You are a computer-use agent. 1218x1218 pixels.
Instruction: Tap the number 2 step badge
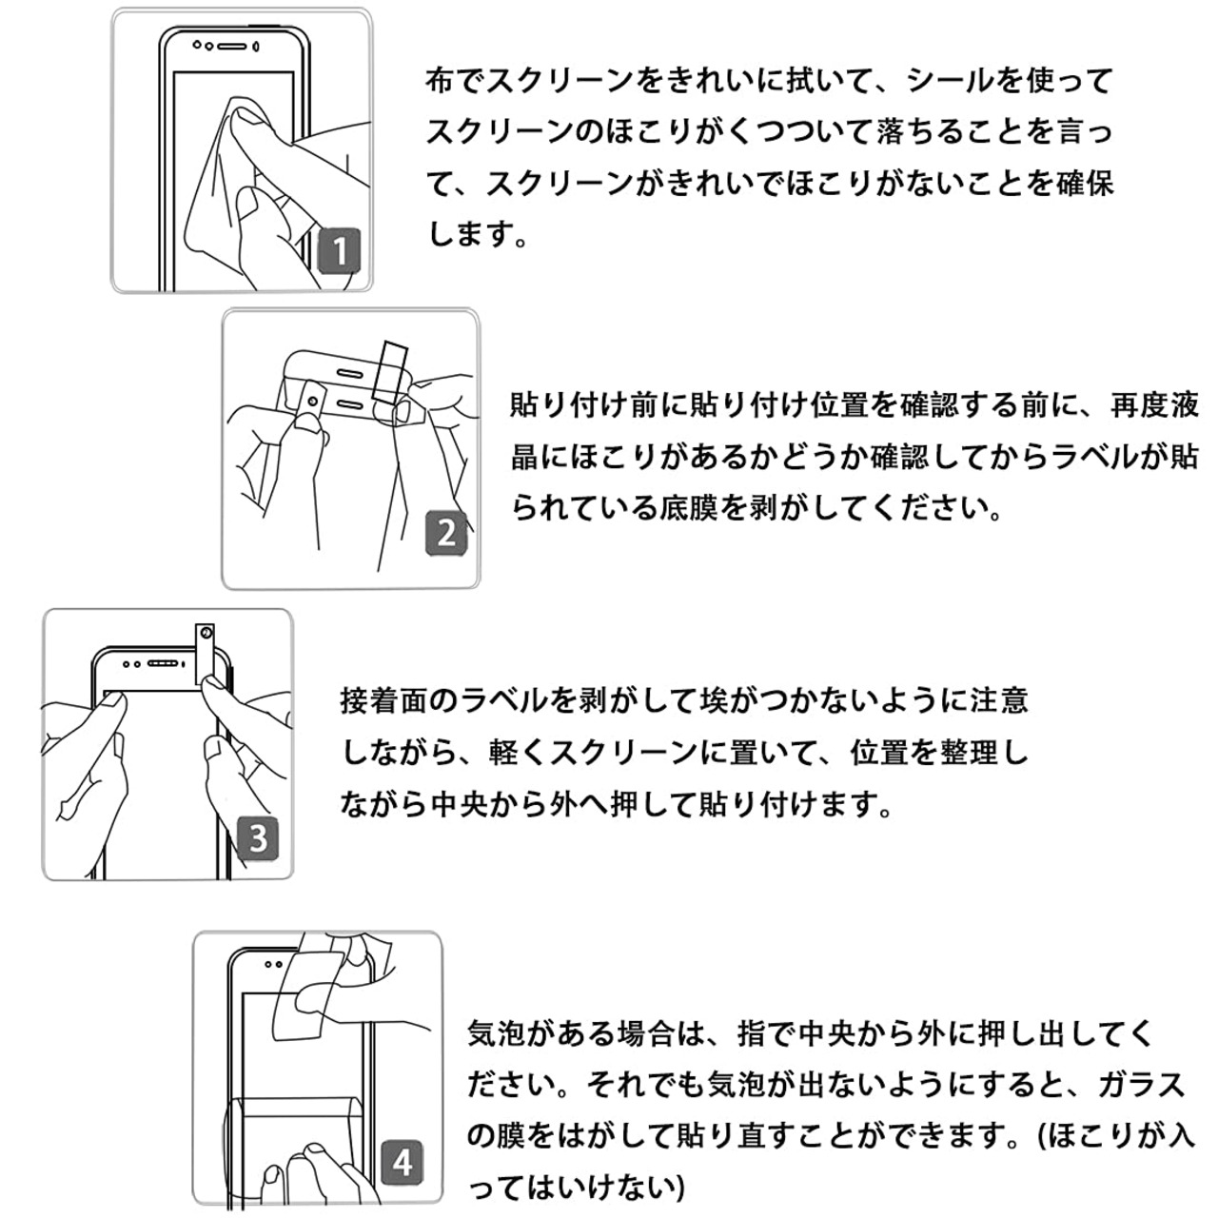(447, 532)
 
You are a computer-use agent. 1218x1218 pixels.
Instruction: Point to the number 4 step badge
(403, 1162)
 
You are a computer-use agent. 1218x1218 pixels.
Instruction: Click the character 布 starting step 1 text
(441, 80)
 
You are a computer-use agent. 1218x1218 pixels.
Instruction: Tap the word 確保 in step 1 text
(1084, 183)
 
